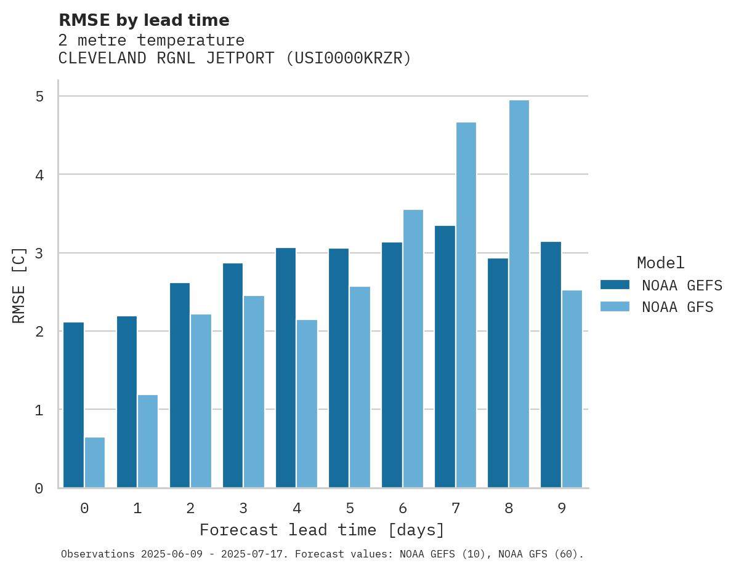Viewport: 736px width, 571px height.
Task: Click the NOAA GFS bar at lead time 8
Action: (x=519, y=294)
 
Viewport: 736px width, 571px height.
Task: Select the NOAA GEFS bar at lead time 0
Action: (x=74, y=405)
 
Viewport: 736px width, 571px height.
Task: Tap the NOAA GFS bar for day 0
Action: (x=95, y=462)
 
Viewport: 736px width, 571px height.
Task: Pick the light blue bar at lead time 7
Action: (x=466, y=305)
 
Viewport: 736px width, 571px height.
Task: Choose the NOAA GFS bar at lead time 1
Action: (x=148, y=441)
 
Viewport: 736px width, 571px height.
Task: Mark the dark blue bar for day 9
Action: (x=551, y=365)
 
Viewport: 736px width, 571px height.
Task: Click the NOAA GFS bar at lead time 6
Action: (x=413, y=349)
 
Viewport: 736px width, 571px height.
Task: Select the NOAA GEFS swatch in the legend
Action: (x=615, y=285)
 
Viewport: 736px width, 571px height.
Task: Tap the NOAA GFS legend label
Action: (x=677, y=307)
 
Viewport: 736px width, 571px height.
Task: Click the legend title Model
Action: (x=660, y=263)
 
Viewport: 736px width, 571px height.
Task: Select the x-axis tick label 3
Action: (x=243, y=508)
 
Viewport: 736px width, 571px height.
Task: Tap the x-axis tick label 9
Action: (x=561, y=508)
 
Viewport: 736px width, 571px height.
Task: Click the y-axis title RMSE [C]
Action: (x=19, y=285)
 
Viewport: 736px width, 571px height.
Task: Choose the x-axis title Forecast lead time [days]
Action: (x=321, y=530)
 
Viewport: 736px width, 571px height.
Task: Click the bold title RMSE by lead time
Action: (x=144, y=20)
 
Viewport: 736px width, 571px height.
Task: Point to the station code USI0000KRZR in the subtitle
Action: (x=349, y=58)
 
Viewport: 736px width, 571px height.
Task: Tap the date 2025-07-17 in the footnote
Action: (x=261, y=554)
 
